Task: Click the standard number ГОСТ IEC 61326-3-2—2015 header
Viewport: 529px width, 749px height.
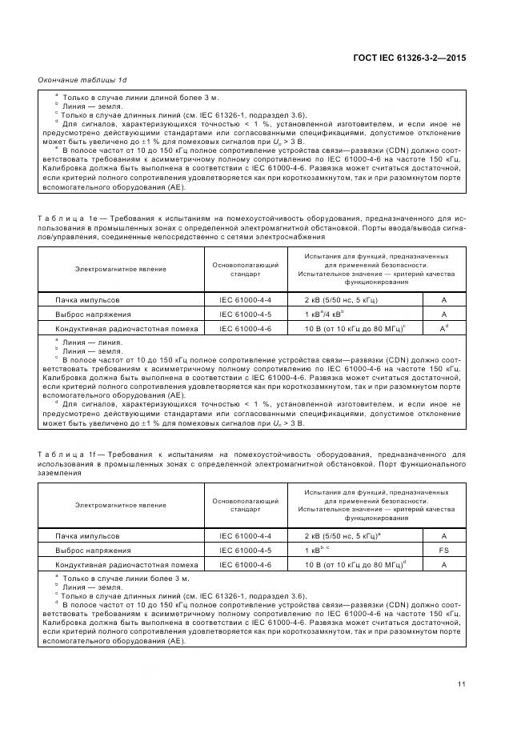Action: pos(408,58)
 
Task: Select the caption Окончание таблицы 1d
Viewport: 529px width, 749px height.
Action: pos(82,81)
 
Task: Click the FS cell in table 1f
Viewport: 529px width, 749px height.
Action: pos(443,550)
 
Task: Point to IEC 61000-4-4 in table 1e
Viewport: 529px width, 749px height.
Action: pos(246,298)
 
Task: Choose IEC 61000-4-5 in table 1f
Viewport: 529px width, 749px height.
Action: pos(246,550)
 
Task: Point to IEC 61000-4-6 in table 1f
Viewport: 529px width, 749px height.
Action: pos(246,564)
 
